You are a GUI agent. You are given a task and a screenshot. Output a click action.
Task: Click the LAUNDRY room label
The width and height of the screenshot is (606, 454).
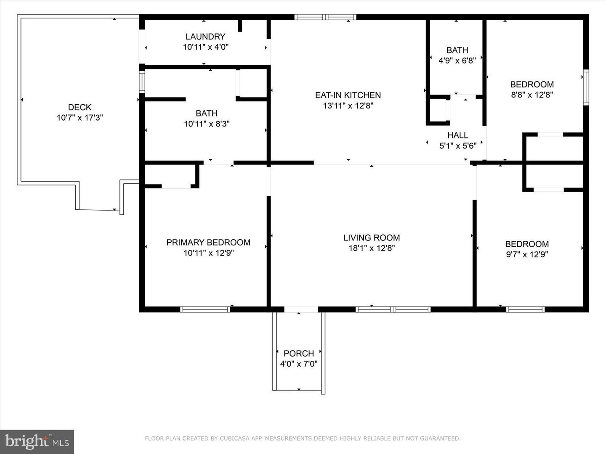tap(205, 37)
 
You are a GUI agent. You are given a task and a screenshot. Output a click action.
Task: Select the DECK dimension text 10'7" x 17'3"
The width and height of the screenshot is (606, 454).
tap(80, 118)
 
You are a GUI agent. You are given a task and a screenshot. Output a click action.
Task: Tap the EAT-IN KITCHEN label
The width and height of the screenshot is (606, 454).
tap(348, 95)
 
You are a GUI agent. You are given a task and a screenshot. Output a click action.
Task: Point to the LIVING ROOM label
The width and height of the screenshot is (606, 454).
tap(371, 238)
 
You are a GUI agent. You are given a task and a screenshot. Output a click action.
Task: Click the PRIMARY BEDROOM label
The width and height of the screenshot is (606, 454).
tap(208, 242)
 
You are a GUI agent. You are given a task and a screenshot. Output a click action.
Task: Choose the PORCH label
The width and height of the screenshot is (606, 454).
tap(298, 353)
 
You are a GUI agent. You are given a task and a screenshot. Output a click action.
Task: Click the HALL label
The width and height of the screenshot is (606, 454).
tap(457, 135)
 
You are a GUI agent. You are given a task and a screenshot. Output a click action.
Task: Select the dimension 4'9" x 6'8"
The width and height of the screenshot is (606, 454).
tap(457, 61)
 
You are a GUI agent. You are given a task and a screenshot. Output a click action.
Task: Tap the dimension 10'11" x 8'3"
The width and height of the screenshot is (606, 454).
tap(206, 124)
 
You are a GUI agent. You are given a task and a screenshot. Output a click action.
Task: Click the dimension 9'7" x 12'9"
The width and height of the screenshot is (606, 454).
tap(527, 254)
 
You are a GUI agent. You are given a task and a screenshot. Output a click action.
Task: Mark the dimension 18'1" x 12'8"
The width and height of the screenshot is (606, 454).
tap(371, 248)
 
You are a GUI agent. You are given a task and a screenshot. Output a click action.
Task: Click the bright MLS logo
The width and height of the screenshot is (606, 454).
tap(37, 441)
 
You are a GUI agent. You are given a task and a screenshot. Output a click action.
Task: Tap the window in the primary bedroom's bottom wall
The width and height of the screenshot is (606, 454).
tap(205, 309)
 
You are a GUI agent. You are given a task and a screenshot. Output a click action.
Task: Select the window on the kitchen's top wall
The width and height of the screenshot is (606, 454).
tap(325, 17)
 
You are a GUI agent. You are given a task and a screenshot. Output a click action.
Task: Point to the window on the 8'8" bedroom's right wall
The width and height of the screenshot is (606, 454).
tap(585, 87)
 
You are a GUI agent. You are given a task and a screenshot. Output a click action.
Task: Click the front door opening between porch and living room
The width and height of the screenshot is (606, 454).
tap(300, 310)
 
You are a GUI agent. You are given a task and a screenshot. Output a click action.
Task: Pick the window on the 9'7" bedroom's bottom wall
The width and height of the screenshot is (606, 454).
tap(525, 309)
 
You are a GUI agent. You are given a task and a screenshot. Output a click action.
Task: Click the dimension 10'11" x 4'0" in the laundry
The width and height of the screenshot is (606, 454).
tap(205, 47)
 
